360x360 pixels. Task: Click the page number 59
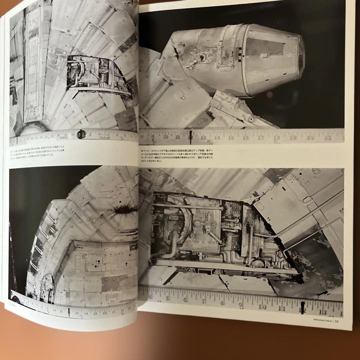[x=337, y=321]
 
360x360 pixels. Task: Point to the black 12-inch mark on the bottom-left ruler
[x=69, y=312]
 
